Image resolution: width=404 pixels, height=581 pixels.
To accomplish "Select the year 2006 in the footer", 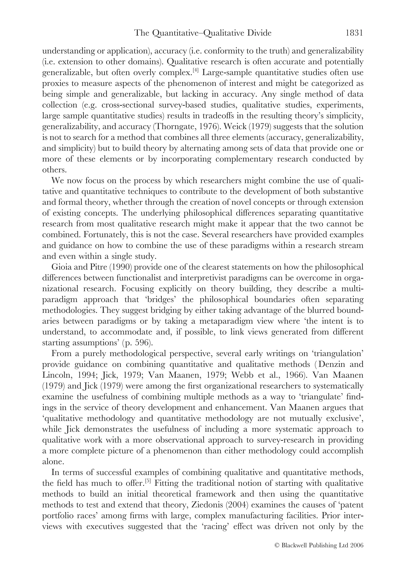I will (357, 545).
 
